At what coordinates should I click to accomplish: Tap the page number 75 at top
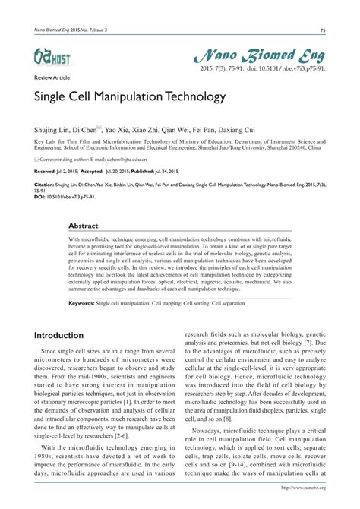pos(323,30)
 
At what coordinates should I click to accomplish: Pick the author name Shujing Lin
pos(52,129)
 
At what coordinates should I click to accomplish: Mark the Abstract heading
pos(84,226)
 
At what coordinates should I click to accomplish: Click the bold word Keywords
pos(81,302)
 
